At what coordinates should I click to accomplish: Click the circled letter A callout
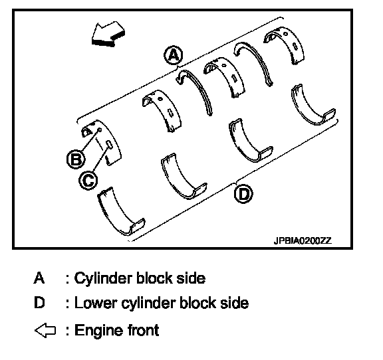(173, 55)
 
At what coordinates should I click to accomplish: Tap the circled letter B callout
(76, 159)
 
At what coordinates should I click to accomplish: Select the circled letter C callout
(88, 181)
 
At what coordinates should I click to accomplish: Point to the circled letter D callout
(243, 194)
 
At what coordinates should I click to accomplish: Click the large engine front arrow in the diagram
(108, 35)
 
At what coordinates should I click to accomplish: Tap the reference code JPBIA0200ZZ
(303, 241)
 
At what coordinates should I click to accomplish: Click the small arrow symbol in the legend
(45, 331)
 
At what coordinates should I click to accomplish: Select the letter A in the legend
(39, 278)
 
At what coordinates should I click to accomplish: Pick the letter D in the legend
(39, 303)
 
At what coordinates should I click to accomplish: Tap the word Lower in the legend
(95, 303)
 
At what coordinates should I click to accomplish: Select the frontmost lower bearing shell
(115, 215)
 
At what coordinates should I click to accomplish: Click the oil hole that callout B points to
(100, 130)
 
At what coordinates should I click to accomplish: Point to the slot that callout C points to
(109, 145)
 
